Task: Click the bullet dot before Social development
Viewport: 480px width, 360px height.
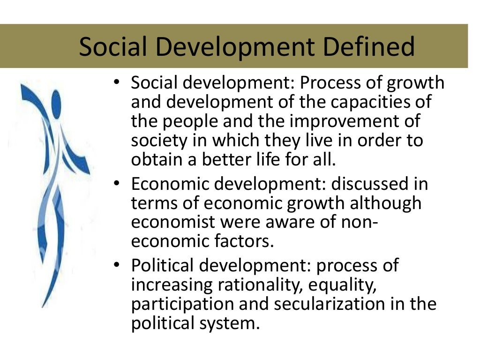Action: pos(117,83)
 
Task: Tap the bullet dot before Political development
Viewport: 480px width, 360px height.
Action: pos(117,266)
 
